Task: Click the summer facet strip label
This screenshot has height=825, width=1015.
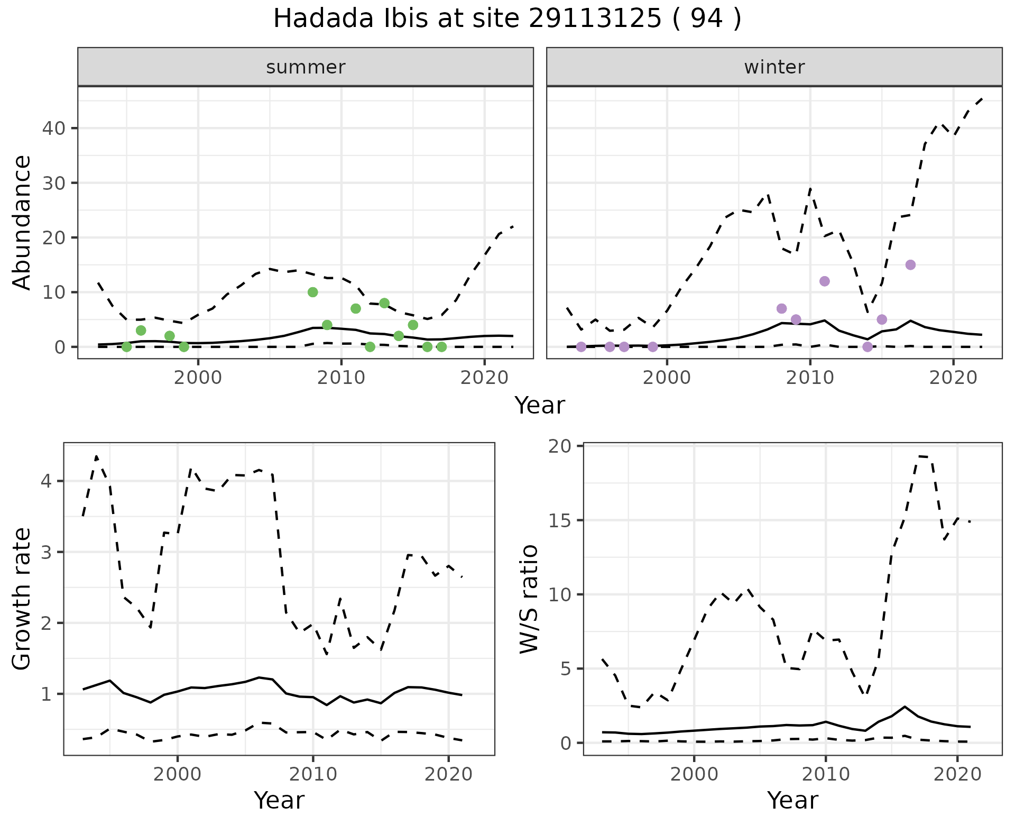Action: point(306,67)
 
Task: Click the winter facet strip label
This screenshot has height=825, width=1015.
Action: point(774,67)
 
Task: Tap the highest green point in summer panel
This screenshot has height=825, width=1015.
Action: point(312,292)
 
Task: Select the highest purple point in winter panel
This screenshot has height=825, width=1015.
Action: point(910,265)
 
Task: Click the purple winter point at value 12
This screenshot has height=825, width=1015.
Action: point(824,281)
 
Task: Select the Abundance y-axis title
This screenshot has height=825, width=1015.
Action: point(22,222)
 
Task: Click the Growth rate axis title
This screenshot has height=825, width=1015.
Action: point(22,599)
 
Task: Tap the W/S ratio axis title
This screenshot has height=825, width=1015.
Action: point(529,599)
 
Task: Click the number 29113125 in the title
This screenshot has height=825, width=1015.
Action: point(595,19)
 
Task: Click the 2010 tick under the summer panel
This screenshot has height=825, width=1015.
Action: point(341,378)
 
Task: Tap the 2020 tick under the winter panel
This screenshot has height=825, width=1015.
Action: point(953,378)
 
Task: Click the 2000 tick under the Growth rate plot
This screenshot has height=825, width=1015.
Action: point(178,774)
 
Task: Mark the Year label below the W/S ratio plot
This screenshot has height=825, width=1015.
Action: point(792,800)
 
